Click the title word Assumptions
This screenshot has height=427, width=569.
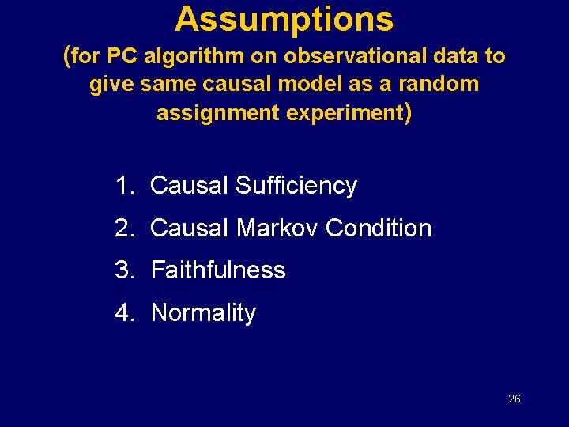pos(284,19)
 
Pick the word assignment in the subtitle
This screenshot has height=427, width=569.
pos(218,112)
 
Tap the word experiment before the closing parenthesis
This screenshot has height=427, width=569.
pos(345,112)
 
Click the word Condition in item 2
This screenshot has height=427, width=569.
pos(379,229)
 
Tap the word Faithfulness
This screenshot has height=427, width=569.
pos(218,270)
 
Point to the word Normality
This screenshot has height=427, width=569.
pos(203,313)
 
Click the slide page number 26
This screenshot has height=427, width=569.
pos(514,399)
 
